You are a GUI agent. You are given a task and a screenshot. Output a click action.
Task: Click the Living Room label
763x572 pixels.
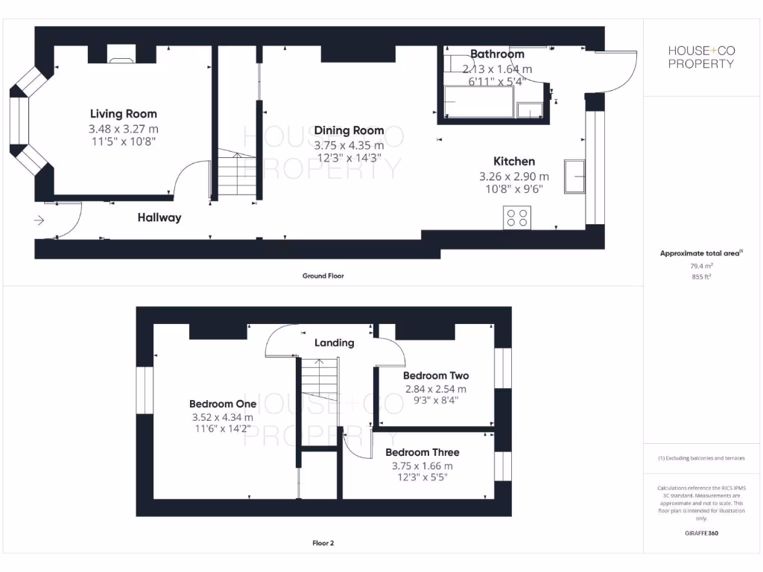[124, 114]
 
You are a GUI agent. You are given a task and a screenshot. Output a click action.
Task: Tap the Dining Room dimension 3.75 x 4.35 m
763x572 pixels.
[349, 146]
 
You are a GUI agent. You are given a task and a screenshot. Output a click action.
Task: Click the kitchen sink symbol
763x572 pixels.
[574, 176]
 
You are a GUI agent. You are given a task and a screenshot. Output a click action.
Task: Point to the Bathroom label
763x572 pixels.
[497, 54]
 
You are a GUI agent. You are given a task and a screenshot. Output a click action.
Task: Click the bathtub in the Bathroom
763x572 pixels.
[478, 101]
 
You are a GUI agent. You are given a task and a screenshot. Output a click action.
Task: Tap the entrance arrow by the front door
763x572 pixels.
[39, 220]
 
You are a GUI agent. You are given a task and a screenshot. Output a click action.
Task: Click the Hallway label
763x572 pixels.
[159, 218]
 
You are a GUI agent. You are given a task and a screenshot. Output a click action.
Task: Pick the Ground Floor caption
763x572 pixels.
[323, 276]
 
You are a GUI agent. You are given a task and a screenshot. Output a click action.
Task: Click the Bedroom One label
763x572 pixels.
[223, 404]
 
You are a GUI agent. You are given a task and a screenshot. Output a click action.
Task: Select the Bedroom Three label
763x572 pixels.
[422, 452]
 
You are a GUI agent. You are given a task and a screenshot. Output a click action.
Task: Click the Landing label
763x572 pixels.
[334, 343]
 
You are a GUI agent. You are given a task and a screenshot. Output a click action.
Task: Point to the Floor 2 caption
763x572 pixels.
[323, 544]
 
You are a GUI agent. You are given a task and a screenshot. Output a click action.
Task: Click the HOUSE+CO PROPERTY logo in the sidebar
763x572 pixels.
[700, 57]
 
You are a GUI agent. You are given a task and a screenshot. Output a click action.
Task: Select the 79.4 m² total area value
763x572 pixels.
[700, 265]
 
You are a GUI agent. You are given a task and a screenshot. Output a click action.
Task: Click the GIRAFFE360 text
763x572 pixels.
[700, 533]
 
